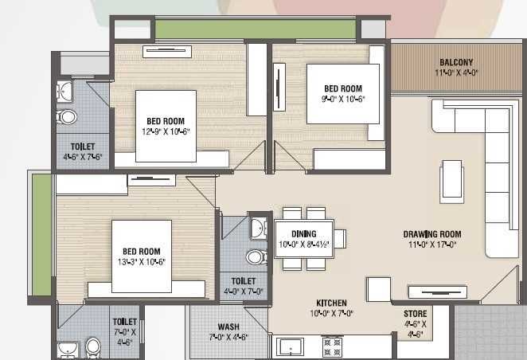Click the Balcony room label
(456, 63)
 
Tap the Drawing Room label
(432, 234)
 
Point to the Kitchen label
(331, 303)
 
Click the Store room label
(415, 314)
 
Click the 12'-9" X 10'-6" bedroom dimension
(166, 132)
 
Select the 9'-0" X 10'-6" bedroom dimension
(342, 100)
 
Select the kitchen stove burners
(332, 346)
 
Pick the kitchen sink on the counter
(290, 347)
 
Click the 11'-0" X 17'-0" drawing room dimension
(432, 245)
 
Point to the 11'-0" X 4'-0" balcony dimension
(456, 73)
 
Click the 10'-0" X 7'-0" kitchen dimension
(331, 314)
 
